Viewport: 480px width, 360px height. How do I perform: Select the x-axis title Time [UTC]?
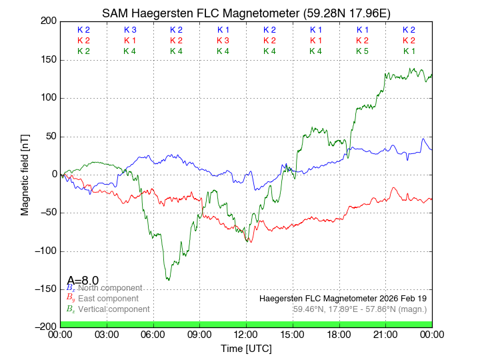click(x=246, y=349)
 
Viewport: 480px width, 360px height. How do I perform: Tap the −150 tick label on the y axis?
click(x=45, y=289)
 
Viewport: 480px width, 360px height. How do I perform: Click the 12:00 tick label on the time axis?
click(x=246, y=335)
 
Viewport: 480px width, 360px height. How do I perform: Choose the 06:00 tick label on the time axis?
click(x=153, y=335)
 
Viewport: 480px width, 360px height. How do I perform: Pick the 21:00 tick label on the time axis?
click(x=385, y=335)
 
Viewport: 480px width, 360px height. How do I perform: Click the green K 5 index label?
click(x=362, y=51)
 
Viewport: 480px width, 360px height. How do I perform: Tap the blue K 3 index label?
click(x=130, y=30)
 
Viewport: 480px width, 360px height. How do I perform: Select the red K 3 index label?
click(x=223, y=41)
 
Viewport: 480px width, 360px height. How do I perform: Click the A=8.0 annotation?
click(x=83, y=281)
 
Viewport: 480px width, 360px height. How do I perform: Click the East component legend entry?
click(x=108, y=299)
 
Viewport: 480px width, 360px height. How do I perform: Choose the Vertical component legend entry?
click(x=113, y=309)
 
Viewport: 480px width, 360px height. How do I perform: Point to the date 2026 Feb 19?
click(x=398, y=298)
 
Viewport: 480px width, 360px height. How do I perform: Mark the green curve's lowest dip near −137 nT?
click(x=168, y=279)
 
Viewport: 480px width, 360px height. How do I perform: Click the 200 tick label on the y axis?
click(x=47, y=21)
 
